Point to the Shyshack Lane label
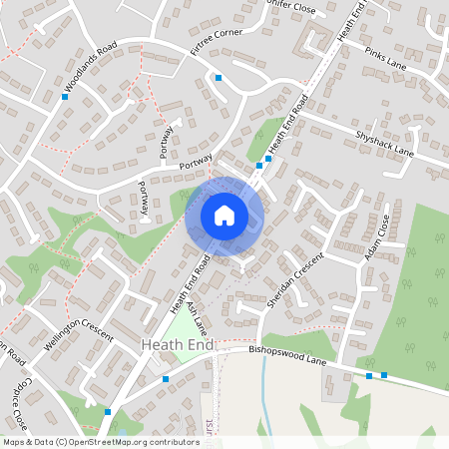(x=383, y=141)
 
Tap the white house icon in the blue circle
(x=224, y=215)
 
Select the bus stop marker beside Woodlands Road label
(x=65, y=98)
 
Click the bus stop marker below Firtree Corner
(x=218, y=77)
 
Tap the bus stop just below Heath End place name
(x=166, y=379)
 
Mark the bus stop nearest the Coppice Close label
(x=107, y=411)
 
